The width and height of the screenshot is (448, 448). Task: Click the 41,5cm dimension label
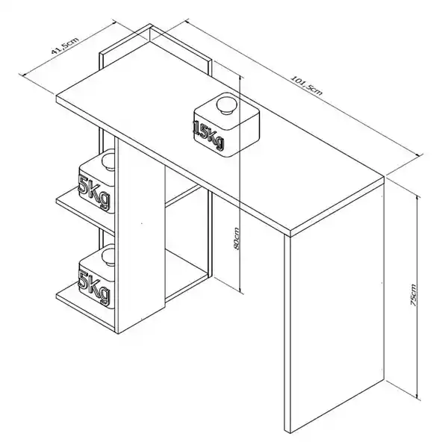[x=65, y=46]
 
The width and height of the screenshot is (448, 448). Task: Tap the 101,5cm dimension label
[x=307, y=85]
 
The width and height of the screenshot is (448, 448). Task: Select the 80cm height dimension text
[x=237, y=239]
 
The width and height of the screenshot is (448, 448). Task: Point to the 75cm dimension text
[x=413, y=295]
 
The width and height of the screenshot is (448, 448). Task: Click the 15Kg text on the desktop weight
[x=209, y=135]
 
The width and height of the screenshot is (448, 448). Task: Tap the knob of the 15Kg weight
[x=226, y=105]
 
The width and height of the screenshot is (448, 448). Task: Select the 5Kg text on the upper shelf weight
[x=94, y=192]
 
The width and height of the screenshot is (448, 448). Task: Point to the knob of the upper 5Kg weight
[x=108, y=162]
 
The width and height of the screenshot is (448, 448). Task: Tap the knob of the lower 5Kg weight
[x=108, y=257]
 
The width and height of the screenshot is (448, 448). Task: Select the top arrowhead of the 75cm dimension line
[x=417, y=198]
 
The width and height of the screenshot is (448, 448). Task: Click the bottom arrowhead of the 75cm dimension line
[x=417, y=396]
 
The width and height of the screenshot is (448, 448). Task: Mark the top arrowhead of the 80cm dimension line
[x=241, y=79]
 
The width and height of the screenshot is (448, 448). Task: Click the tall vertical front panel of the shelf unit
[x=141, y=234]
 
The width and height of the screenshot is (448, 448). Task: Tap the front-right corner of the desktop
[x=290, y=230]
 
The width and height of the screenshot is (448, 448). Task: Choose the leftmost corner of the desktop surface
[x=57, y=96]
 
